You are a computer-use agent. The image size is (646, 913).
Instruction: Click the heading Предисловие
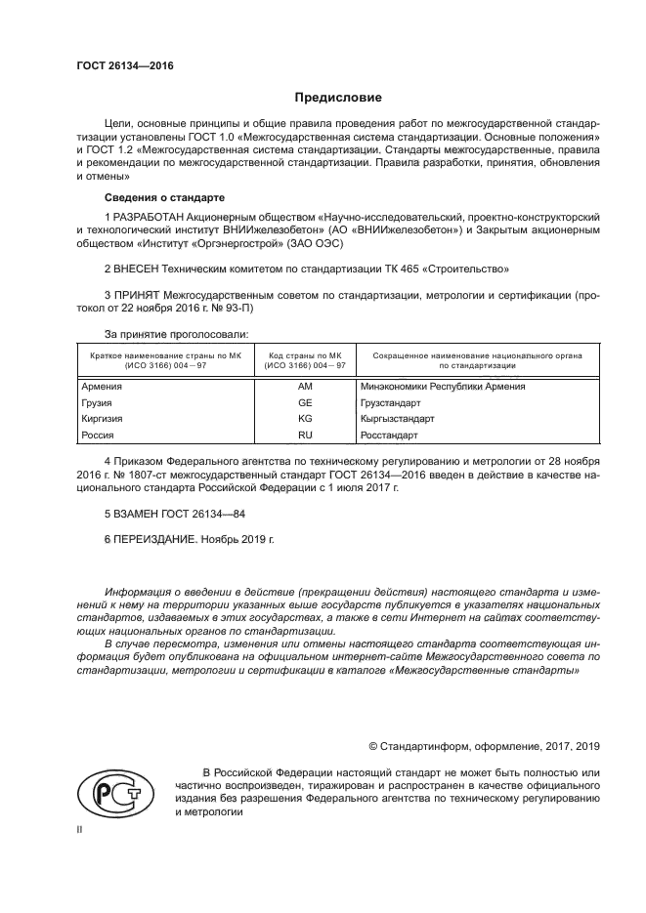(338, 98)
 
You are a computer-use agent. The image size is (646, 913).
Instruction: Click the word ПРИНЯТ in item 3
(137, 293)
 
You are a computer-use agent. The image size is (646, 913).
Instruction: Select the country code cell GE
(304, 401)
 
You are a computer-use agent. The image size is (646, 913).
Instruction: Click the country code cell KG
(304, 418)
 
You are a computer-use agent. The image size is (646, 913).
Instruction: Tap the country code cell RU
(304, 435)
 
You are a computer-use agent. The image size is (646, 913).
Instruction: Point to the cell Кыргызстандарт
(397, 418)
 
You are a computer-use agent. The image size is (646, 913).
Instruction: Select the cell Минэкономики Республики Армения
(443, 386)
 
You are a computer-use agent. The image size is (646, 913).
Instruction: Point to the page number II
(80, 829)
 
